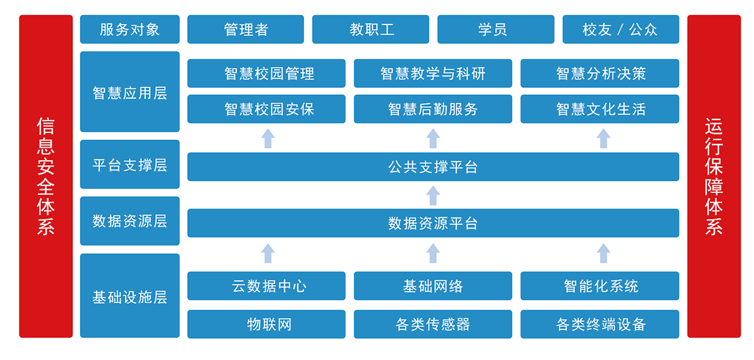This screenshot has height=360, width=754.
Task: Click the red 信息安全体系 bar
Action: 46,177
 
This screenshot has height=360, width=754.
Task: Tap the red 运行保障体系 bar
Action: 714,177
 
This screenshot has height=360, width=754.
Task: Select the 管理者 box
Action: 246,30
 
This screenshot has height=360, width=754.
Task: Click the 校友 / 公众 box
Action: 621,30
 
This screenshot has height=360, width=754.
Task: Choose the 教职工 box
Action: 371,30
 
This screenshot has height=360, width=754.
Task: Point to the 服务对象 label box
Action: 129,30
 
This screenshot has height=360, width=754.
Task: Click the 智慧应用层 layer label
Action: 129,92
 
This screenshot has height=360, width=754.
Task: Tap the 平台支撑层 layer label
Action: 129,165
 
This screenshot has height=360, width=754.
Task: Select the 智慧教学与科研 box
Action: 433,74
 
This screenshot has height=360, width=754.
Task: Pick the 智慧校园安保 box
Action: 266,109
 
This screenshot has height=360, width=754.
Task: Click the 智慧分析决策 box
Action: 600,74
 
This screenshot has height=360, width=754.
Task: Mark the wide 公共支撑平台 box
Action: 433,167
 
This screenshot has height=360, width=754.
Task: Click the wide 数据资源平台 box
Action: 433,223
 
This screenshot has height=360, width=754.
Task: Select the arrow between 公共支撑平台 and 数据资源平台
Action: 433,195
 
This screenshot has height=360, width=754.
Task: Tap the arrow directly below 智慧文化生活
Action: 603,138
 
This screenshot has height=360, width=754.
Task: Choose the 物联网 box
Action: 266,324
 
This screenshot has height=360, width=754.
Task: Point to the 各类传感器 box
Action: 433,324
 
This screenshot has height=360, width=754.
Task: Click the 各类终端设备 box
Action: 600,324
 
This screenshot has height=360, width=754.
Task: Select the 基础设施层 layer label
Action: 129,296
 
